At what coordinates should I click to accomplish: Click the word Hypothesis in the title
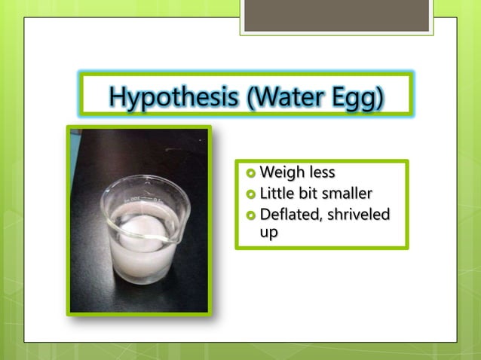point(174,96)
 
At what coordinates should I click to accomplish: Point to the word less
point(319,174)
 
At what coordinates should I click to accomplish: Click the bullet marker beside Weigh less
point(251,175)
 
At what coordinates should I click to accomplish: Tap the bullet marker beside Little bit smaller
point(251,195)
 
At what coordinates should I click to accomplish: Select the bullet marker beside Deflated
point(251,215)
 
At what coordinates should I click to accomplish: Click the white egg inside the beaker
point(142,229)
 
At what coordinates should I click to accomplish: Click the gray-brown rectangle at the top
point(336,15)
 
